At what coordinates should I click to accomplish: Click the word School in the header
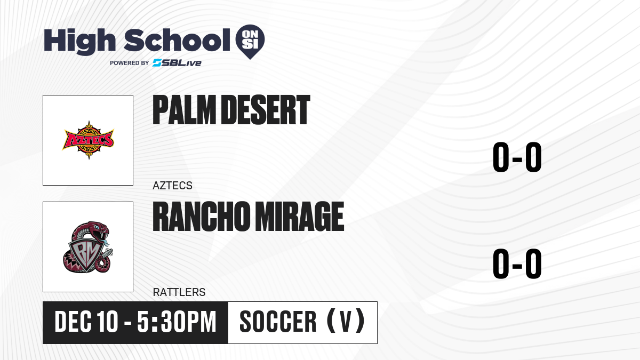[x=177, y=40]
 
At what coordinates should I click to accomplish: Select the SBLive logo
[x=177, y=63]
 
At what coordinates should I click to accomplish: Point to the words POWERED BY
[x=129, y=63]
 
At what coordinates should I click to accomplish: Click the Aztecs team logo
[x=89, y=140]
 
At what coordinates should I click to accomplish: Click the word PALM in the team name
[x=184, y=110]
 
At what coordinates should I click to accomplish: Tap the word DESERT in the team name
[x=266, y=110]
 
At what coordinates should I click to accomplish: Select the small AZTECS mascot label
[x=172, y=186]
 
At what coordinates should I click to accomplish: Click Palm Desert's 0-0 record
[x=517, y=157]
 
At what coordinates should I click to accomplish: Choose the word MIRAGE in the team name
[x=299, y=217]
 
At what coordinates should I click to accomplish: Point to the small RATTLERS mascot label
[x=179, y=292]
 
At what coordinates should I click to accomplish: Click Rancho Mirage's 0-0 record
[x=517, y=263]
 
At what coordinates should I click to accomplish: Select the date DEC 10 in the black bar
[x=86, y=322]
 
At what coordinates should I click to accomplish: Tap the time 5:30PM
[x=177, y=322]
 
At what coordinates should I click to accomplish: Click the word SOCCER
[x=278, y=322]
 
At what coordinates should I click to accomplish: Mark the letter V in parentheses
[x=346, y=322]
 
